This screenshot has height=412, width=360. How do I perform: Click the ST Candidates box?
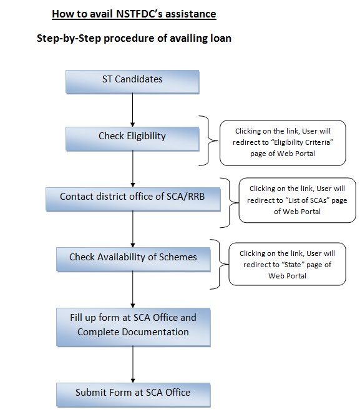(132, 82)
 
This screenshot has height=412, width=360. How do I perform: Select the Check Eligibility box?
(132, 139)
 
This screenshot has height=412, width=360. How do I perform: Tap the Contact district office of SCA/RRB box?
(133, 199)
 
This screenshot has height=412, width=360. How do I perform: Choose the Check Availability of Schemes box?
(134, 259)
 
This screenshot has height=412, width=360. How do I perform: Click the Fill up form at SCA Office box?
(134, 327)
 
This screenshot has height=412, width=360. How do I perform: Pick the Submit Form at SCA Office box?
(134, 395)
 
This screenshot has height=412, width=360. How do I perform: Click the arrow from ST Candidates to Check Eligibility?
(133, 110)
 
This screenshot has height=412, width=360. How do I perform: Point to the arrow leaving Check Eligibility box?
(133, 169)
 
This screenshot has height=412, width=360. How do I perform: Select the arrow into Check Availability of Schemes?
(133, 229)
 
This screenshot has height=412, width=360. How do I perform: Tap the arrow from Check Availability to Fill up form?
(133, 290)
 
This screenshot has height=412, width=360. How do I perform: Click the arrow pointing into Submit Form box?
(133, 365)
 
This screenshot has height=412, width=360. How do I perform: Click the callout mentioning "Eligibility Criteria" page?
(283, 143)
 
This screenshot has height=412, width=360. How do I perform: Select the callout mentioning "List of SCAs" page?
(297, 200)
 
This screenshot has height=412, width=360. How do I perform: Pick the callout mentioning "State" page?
(287, 264)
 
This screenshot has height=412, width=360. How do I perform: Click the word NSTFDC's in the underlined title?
(139, 14)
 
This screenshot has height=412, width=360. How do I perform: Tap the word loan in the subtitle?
(221, 38)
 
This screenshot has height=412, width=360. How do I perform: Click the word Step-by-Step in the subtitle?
(69, 38)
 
